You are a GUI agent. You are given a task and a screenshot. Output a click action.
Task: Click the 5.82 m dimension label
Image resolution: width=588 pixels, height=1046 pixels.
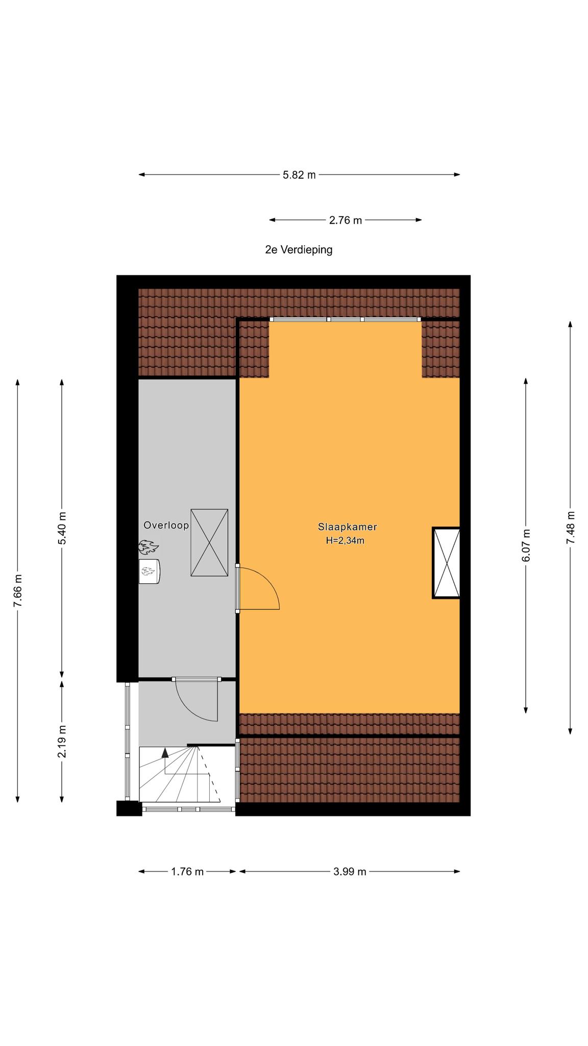299,175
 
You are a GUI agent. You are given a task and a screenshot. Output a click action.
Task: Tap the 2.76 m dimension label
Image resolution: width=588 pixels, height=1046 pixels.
346,220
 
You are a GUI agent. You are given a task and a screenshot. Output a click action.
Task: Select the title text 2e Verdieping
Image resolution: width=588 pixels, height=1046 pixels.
299,250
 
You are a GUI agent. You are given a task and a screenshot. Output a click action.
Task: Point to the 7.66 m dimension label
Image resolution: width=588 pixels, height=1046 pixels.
18,590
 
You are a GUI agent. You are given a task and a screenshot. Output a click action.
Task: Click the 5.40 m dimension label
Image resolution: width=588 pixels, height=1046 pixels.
62,528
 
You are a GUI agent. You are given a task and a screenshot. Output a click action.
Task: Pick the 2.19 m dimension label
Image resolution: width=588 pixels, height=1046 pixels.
62,741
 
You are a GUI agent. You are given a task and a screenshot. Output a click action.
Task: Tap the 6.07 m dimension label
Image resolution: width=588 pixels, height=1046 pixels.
526,545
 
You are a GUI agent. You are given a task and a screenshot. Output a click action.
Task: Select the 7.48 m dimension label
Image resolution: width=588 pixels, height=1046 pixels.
571,528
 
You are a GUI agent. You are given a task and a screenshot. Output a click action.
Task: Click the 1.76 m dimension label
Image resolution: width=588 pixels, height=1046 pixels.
187,872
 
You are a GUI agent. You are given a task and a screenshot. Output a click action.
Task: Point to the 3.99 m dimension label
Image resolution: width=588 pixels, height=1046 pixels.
350,872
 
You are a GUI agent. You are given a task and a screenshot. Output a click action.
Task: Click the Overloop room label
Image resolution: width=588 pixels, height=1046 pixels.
166,525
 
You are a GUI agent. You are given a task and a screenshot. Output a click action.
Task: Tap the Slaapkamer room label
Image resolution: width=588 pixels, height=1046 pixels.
347,527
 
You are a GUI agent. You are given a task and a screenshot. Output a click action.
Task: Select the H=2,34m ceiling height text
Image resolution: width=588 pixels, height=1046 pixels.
345,540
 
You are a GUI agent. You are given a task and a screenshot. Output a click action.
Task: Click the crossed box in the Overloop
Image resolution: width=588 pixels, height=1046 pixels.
209,543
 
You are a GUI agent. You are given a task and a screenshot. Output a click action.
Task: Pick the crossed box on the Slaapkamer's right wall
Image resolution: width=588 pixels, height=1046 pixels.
446,563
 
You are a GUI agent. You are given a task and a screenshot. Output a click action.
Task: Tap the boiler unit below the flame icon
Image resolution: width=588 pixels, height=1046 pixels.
150,571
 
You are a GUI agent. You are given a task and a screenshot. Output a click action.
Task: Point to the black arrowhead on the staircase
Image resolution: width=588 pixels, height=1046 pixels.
165,752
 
